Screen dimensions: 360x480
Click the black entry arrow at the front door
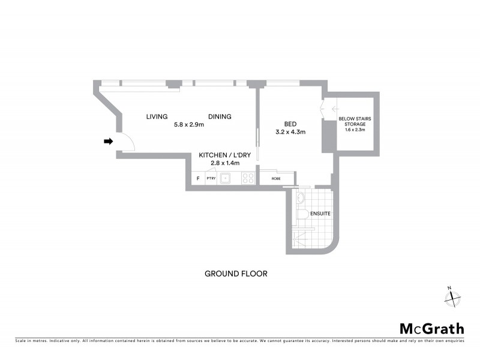click(108, 142)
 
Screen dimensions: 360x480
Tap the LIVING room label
click(157, 116)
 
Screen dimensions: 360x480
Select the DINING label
click(220, 116)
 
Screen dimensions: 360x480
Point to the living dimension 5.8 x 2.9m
click(189, 125)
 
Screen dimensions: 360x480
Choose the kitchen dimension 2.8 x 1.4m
click(225, 163)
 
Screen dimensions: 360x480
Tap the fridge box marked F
click(198, 178)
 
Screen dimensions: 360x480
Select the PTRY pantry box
click(211, 178)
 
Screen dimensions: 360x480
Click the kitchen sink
click(226, 178)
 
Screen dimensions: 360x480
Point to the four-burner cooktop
click(248, 178)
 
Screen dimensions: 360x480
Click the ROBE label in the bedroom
click(275, 178)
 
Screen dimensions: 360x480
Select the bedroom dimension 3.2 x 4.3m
click(290, 132)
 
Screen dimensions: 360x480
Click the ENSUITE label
click(320, 213)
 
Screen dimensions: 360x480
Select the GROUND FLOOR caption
click(236, 274)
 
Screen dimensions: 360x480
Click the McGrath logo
click(431, 328)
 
